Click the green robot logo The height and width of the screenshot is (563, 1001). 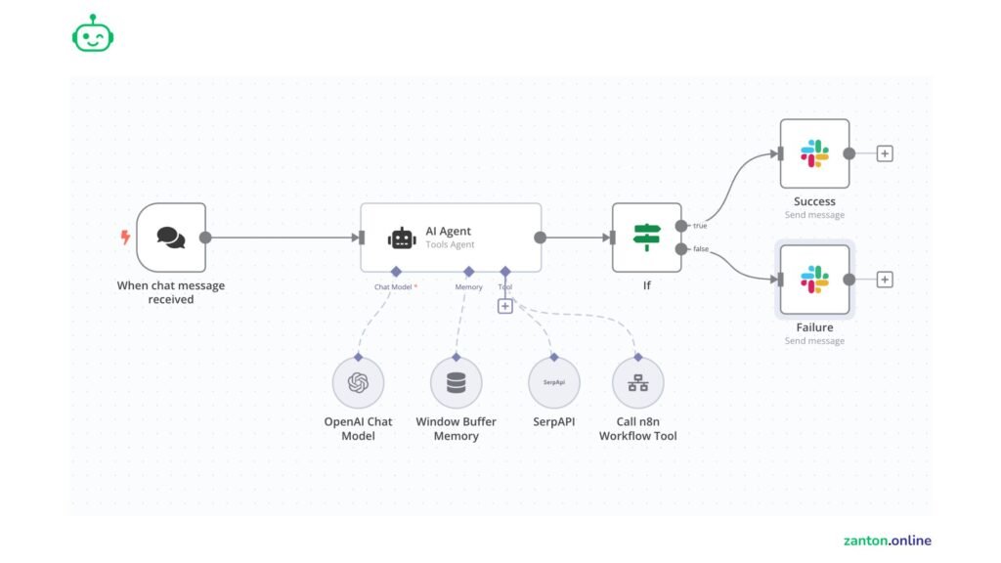click(93, 34)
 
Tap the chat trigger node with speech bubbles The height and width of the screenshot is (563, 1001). click(171, 238)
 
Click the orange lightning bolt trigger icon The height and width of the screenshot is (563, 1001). click(125, 238)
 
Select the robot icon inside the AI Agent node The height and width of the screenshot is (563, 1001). click(402, 238)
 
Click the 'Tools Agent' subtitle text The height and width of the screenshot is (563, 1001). click(449, 244)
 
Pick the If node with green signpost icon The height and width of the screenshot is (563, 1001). click(646, 238)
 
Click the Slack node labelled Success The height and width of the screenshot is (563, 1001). click(814, 153)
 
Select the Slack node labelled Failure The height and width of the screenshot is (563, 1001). click(814, 280)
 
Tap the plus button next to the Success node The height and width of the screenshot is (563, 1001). click(885, 153)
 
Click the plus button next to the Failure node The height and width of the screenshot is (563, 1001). click(885, 280)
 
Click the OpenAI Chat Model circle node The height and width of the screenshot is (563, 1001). click(358, 383)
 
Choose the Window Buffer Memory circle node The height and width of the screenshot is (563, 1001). click(456, 383)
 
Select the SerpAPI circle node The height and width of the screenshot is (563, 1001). click(554, 383)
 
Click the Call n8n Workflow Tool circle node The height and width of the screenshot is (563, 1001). click(637, 383)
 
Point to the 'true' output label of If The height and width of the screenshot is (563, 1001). click(700, 226)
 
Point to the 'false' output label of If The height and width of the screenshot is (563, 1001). click(701, 249)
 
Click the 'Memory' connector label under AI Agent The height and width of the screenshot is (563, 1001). click(468, 287)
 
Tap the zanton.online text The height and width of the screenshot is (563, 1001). click(887, 541)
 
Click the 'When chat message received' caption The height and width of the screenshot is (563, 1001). click(171, 292)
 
